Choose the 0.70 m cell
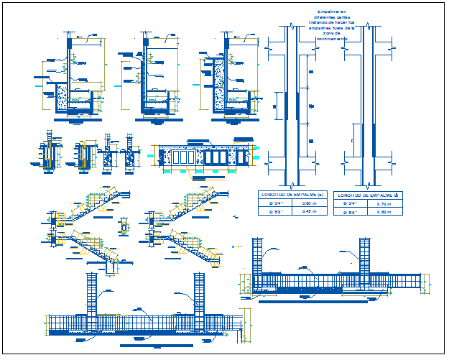(384, 203)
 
